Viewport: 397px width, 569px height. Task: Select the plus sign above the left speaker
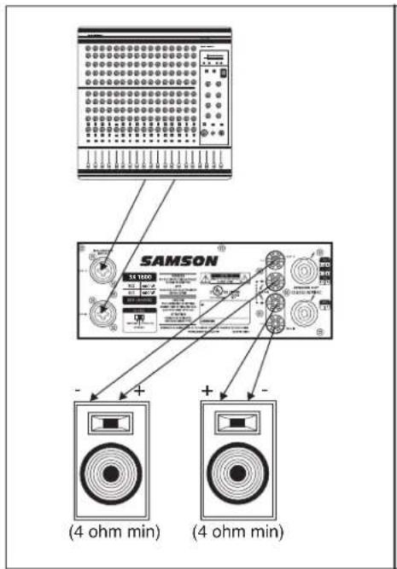pos(139,390)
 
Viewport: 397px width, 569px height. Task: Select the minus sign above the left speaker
pos(79,390)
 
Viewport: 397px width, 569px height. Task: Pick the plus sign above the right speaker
pos(206,390)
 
